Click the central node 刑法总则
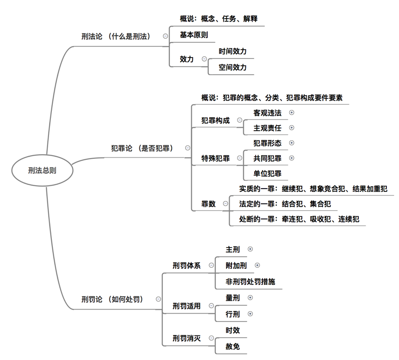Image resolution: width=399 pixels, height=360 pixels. click(x=42, y=171)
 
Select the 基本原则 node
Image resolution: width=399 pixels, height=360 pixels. click(x=194, y=35)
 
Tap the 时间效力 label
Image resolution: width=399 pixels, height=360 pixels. click(x=233, y=51)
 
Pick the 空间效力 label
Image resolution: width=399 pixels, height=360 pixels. click(x=233, y=67)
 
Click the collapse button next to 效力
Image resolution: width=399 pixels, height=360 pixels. click(x=204, y=59)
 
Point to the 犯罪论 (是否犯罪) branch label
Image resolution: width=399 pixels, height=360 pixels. click(x=142, y=148)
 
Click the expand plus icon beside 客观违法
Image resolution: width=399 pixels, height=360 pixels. click(x=292, y=112)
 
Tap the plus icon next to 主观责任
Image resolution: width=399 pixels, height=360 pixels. click(x=292, y=127)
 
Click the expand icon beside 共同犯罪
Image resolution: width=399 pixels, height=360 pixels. click(x=292, y=158)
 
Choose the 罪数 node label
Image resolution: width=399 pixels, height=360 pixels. click(x=208, y=203)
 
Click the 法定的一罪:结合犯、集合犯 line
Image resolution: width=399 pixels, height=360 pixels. click(x=285, y=204)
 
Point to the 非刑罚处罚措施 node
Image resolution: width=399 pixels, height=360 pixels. click(x=250, y=281)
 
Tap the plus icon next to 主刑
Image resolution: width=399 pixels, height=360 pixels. click(x=250, y=249)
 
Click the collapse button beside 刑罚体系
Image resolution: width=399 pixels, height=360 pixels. click(x=212, y=265)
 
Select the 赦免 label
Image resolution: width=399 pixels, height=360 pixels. click(x=233, y=346)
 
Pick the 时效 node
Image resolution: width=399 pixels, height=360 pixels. click(x=233, y=330)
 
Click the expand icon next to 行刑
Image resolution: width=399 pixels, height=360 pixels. click(x=250, y=314)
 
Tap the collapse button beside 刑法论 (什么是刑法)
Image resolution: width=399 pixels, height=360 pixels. click(x=165, y=36)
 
